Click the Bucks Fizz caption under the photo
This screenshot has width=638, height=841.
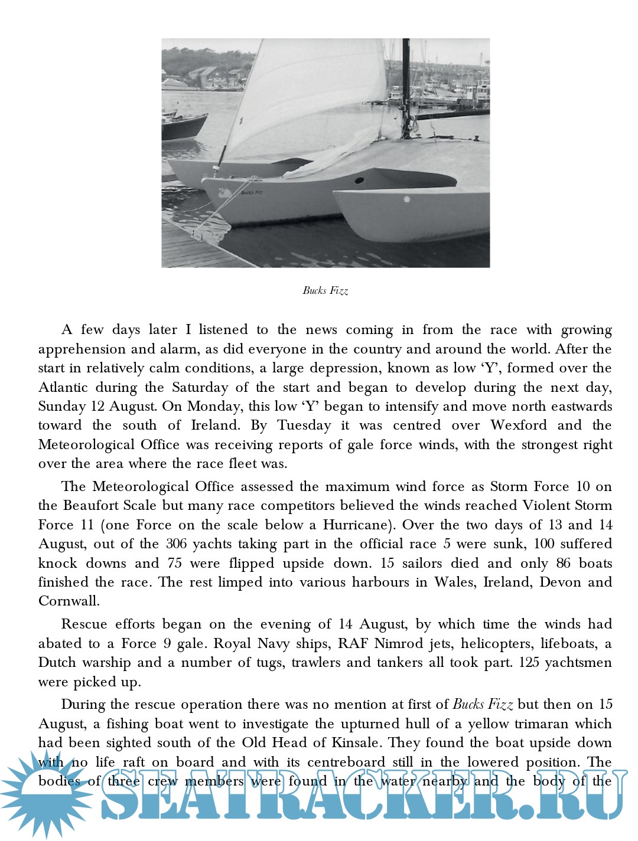[325, 290]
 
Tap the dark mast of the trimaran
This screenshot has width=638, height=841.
[406, 89]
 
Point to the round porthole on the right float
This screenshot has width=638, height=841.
[407, 199]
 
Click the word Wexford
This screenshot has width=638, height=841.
[519, 426]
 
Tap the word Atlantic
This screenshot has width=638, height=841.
[64, 387]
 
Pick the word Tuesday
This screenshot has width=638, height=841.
[304, 426]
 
